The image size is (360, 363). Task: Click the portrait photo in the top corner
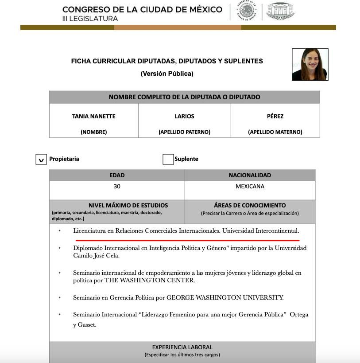coord(310,64)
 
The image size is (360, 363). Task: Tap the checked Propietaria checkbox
coord(41,159)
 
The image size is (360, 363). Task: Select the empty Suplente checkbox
coord(168,159)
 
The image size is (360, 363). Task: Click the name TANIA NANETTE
coord(93,116)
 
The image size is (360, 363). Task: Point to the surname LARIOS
coord(184,116)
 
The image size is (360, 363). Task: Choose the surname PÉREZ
coord(275,116)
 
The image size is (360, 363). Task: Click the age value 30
coord(117,187)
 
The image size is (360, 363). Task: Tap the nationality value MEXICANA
coord(250,187)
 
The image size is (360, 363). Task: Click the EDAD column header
coord(117,176)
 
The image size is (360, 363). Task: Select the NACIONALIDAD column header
coord(250,176)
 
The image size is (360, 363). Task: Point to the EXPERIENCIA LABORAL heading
coord(182,347)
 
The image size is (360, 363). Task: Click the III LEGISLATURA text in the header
coord(90,19)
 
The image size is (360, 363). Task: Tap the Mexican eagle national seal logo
coord(247,11)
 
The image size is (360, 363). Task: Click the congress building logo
coord(280,11)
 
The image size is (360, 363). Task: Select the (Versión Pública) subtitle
coord(167,74)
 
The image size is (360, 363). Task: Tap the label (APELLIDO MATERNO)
coord(275,132)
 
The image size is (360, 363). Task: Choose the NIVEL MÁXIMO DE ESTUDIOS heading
coord(128,206)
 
